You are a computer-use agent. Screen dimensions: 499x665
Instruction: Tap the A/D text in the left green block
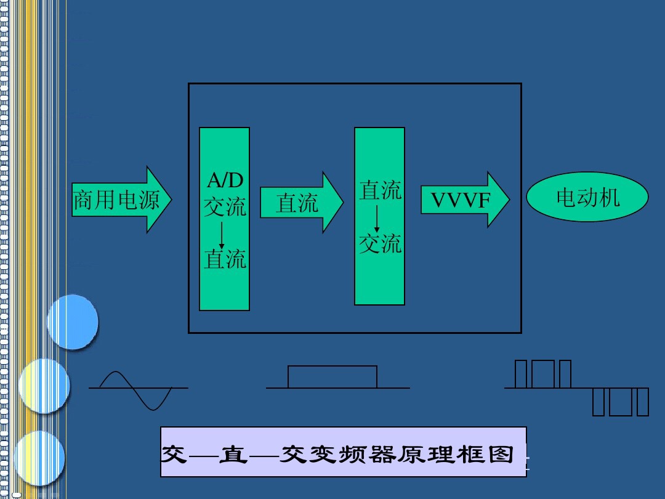coord(225,181)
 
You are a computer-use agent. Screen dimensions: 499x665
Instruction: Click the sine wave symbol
coord(137,389)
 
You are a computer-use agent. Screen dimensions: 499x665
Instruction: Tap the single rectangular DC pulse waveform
coord(332,376)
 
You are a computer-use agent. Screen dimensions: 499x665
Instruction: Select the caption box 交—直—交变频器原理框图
coord(343,452)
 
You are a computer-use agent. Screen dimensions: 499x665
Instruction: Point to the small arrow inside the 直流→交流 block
coord(377,219)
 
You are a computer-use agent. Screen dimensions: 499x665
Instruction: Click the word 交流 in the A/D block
coord(225,207)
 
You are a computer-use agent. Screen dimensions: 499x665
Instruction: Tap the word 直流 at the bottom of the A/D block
coord(225,259)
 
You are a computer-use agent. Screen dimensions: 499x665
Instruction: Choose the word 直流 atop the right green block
coord(380,190)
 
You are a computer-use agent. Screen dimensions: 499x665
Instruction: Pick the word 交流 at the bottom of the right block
coord(380,244)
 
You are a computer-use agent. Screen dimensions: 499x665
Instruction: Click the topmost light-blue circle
coord(73,322)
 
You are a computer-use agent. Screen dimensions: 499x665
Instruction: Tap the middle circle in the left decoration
coord(44,386)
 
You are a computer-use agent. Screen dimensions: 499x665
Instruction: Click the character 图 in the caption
coord(502,454)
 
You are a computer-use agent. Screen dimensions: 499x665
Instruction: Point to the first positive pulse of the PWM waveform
coord(521,375)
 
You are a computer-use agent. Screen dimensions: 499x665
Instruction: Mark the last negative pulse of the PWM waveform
coord(642,401)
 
